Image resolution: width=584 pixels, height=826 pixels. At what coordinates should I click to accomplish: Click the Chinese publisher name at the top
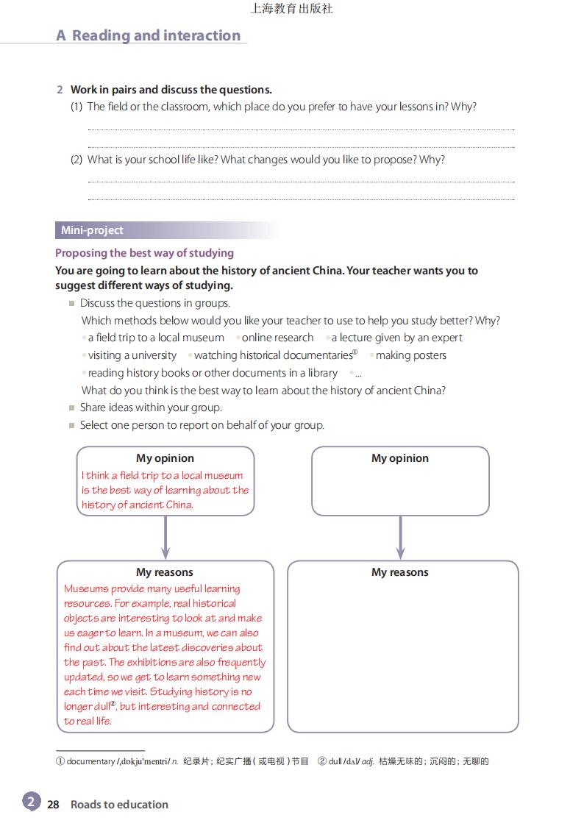[x=291, y=9]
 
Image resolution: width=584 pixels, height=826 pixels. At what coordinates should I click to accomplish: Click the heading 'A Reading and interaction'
[x=149, y=35]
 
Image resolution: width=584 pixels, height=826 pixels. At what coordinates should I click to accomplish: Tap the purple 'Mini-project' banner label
[x=92, y=230]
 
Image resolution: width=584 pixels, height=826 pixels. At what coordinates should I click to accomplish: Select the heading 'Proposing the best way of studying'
[x=144, y=253]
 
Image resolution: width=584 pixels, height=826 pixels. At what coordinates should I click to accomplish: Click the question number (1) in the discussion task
[x=76, y=107]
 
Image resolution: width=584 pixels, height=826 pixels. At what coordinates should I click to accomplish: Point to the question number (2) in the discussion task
[x=76, y=160]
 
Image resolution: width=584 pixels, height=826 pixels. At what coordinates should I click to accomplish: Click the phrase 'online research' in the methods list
[x=277, y=338]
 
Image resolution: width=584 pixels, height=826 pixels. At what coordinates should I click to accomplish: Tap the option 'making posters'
[x=410, y=355]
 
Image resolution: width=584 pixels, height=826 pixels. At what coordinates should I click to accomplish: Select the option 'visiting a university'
[x=132, y=355]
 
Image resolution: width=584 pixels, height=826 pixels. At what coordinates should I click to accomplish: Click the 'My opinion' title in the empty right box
[x=399, y=458]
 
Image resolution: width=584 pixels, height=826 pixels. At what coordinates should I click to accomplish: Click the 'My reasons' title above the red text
[x=164, y=572]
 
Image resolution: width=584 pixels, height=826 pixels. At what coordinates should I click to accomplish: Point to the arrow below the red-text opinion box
[x=165, y=538]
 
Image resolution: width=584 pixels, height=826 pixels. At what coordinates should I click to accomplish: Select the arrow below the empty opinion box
[x=400, y=538]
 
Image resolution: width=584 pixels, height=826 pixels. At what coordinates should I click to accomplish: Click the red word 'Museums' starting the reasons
[x=86, y=588]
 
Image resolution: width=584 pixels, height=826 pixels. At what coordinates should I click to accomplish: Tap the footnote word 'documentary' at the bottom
[x=90, y=761]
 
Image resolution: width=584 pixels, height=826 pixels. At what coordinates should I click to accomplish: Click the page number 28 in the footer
[x=53, y=805]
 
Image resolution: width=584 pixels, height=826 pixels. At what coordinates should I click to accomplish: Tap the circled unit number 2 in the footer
[x=31, y=802]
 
